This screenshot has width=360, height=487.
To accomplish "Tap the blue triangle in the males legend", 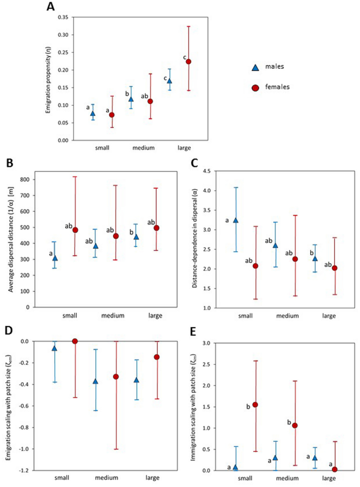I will click(x=255, y=67).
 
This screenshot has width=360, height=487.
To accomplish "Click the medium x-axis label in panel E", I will click(x=285, y=479).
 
